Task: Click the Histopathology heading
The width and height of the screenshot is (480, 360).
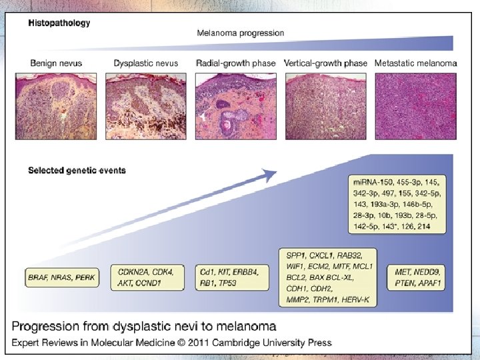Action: pos(59,23)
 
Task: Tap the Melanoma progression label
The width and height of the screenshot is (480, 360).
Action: pos(240,33)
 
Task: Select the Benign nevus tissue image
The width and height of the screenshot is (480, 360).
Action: pos(63,105)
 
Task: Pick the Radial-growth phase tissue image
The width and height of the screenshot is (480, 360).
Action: pos(236,105)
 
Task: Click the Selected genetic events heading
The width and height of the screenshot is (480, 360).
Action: pos(77,170)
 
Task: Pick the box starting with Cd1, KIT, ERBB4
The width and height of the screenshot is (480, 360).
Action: pos(230,276)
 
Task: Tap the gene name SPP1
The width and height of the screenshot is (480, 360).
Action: pos(295,255)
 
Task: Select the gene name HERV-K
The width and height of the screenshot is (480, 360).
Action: pos(357,301)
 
